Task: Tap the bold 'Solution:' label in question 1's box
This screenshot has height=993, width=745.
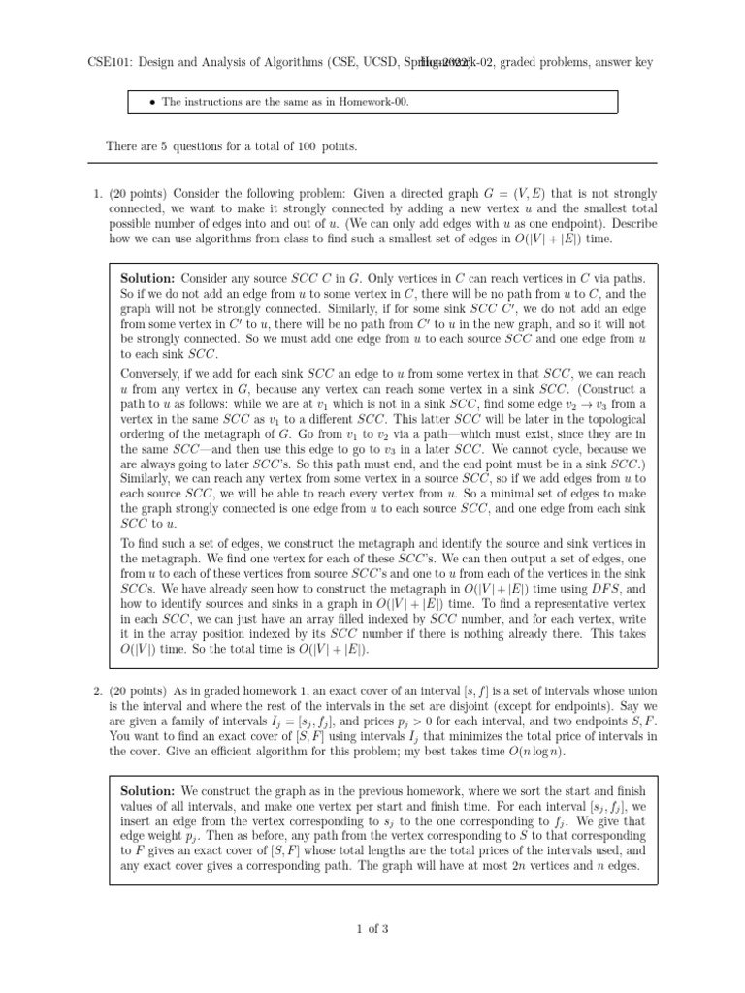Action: coord(147,278)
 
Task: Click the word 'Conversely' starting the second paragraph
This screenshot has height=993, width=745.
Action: coord(151,371)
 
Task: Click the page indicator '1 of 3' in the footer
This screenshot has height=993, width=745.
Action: coord(372,930)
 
